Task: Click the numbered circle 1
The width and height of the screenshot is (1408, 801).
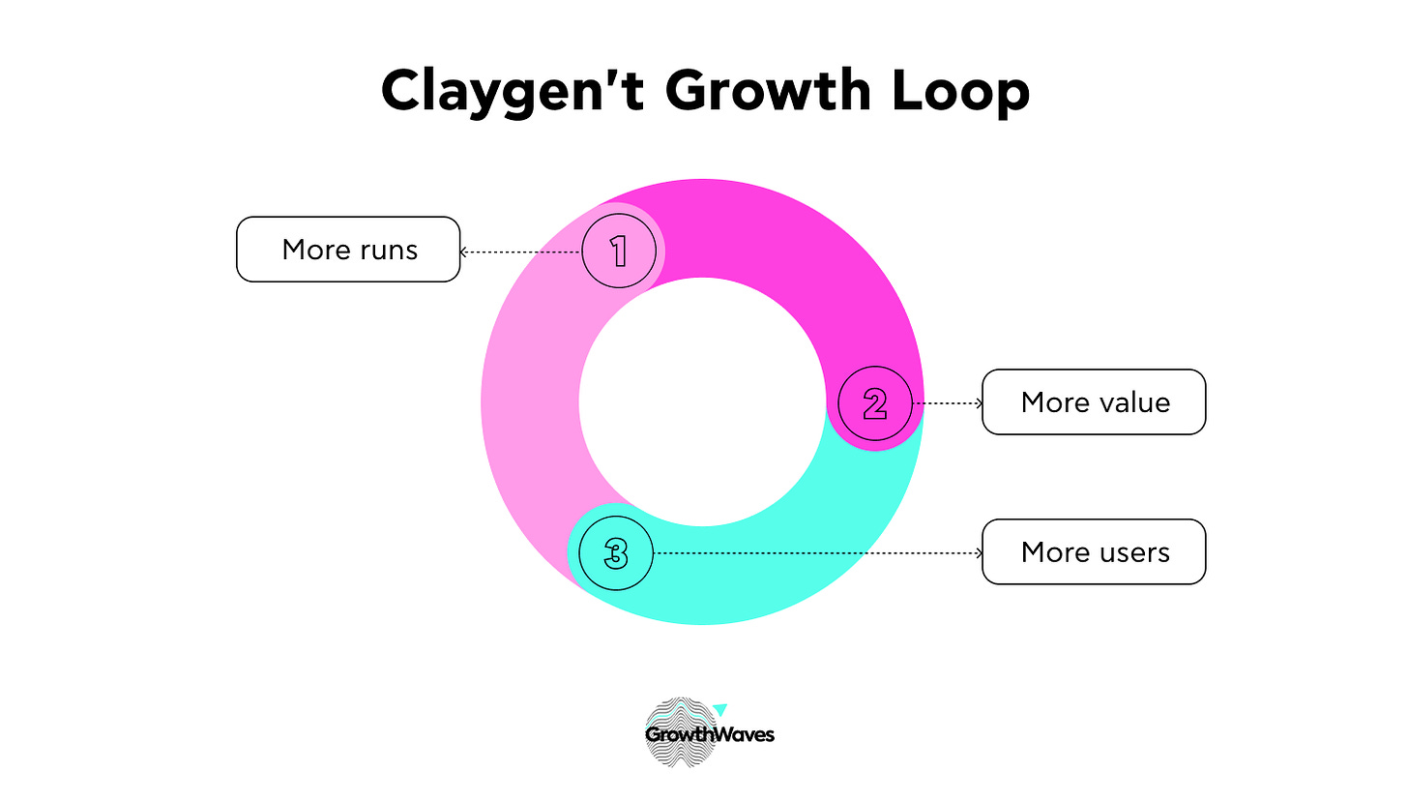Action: pos(619,251)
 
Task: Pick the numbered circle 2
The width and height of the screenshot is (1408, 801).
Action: pos(875,403)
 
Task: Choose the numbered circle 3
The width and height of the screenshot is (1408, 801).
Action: pos(616,553)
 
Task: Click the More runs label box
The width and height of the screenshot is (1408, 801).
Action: pos(348,250)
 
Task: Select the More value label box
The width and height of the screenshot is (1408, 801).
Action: pos(1094,401)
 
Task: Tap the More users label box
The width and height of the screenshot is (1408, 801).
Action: pos(1094,552)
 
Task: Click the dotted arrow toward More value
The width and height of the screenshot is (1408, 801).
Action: pos(948,402)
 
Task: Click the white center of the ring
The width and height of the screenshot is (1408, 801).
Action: pos(702,401)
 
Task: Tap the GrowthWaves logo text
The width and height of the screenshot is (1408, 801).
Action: pos(710,734)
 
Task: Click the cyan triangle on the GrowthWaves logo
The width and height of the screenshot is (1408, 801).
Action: pos(719,710)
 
